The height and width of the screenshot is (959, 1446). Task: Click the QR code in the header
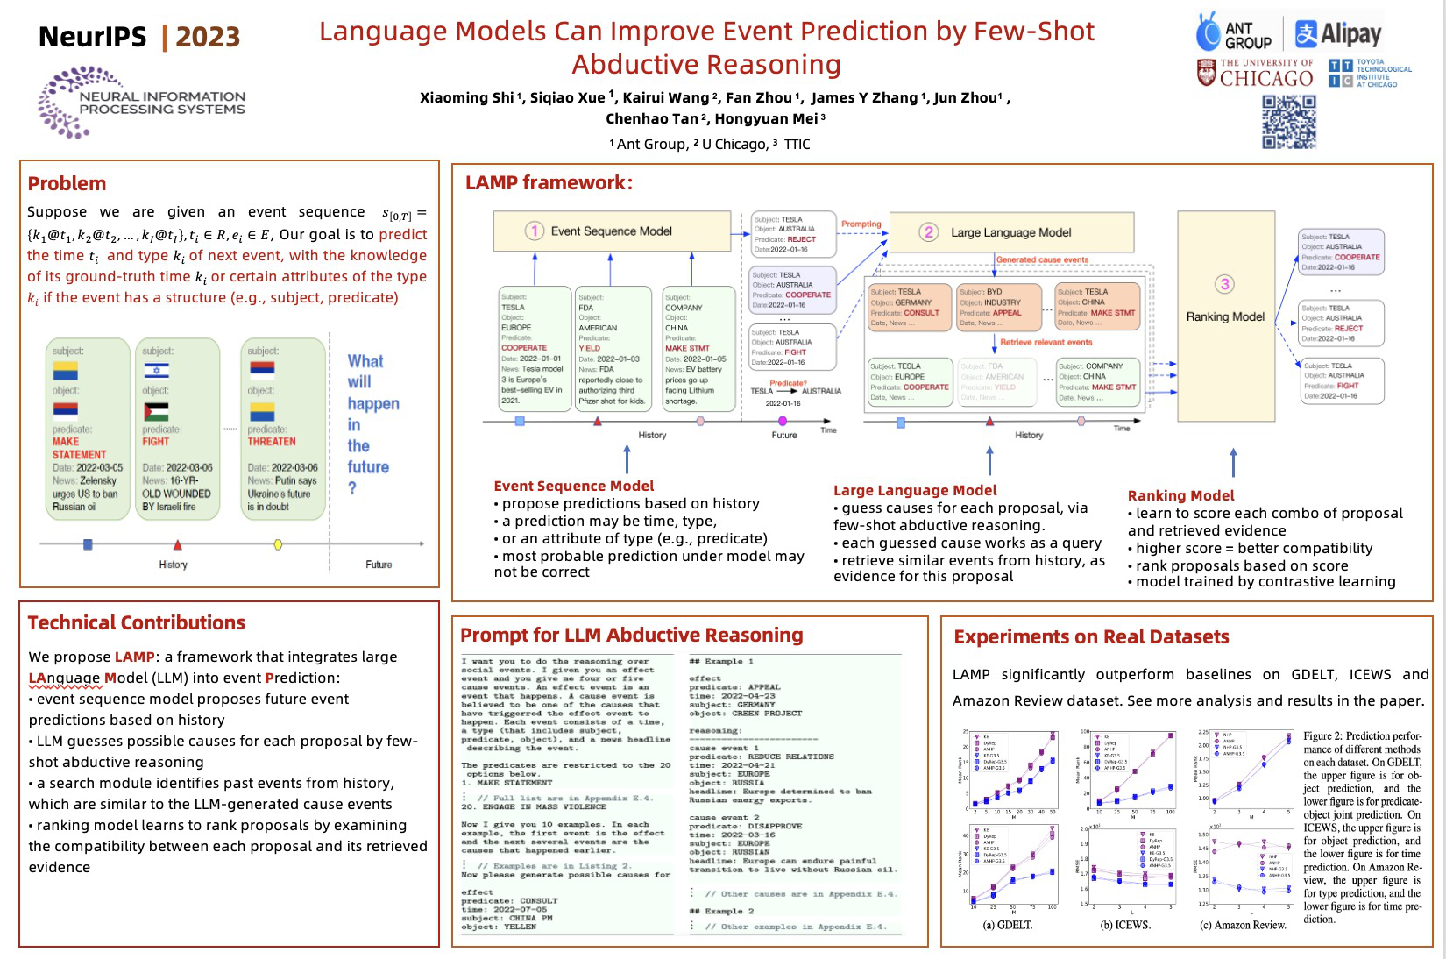click(x=1288, y=122)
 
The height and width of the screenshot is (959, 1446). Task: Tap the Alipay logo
click(x=1338, y=34)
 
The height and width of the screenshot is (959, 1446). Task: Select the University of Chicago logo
click(x=1255, y=74)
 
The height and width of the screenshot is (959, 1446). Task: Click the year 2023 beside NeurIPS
click(x=208, y=37)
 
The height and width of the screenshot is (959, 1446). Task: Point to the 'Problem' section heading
click(x=67, y=184)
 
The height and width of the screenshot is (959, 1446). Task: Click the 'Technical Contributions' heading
click(x=136, y=623)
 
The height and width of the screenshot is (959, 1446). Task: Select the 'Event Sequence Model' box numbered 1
click(x=612, y=231)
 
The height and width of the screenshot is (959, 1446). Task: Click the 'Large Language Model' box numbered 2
click(x=1011, y=232)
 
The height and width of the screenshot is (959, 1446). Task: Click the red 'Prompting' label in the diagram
click(x=861, y=224)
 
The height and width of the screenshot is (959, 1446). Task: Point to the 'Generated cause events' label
click(x=1042, y=260)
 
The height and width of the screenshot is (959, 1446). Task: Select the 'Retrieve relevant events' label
click(x=1046, y=343)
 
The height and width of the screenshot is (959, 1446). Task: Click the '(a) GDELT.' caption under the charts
click(x=1007, y=926)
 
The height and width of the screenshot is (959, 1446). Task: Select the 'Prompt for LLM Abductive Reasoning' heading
click(x=631, y=636)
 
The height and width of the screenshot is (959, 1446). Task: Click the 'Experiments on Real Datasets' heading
click(x=1091, y=637)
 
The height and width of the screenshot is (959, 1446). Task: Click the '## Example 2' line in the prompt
click(x=721, y=912)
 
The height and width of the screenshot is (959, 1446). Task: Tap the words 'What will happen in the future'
click(x=372, y=425)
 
